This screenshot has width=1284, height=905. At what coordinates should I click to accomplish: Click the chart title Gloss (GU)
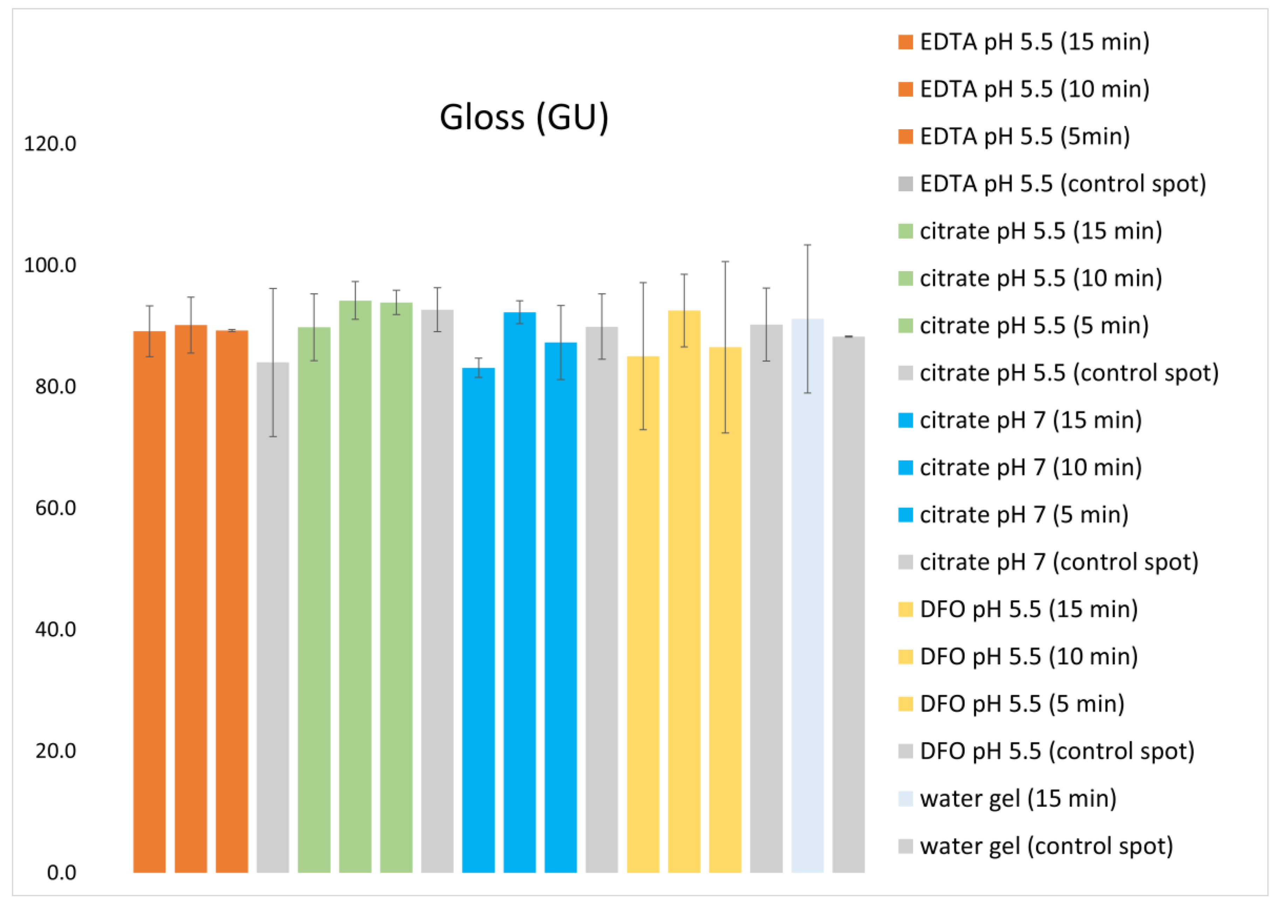(x=524, y=117)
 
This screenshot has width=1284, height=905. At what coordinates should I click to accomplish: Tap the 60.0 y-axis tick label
(x=55, y=508)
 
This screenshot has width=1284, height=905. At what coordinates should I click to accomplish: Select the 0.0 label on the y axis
(x=62, y=872)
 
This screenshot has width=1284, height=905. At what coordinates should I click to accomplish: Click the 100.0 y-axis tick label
(x=50, y=265)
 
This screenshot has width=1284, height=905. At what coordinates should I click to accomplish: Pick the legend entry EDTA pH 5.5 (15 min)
(x=1023, y=42)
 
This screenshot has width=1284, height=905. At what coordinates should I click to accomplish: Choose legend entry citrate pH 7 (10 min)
(x=1019, y=467)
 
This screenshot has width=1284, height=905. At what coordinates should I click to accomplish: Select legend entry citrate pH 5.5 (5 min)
(x=1023, y=325)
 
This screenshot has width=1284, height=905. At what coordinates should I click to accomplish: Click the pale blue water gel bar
(x=807, y=596)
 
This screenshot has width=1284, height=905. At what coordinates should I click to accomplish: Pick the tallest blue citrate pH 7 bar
(x=520, y=593)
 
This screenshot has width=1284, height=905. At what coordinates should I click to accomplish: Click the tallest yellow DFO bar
(x=684, y=592)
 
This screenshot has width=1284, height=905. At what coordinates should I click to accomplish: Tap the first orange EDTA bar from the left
(x=149, y=602)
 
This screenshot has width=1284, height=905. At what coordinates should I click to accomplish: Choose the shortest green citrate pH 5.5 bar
(x=314, y=600)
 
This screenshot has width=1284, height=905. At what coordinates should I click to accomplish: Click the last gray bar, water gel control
(x=848, y=605)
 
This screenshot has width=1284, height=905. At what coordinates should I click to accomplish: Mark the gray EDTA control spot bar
(x=273, y=618)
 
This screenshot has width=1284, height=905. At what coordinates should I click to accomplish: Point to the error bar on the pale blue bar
(x=807, y=319)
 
